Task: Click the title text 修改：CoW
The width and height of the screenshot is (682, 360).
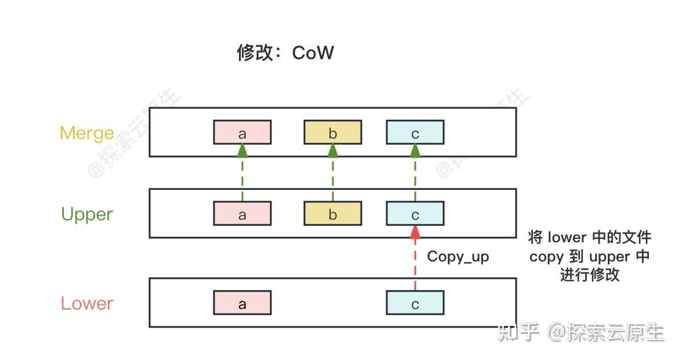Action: pos(285,53)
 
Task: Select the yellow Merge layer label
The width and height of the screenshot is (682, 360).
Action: pos(87,133)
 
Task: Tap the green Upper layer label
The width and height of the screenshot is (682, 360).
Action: pos(87,214)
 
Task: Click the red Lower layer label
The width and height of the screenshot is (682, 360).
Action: pos(87,303)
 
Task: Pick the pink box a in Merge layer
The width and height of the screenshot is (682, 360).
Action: pos(242,133)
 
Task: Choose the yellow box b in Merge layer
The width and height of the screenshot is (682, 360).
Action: pos(333,133)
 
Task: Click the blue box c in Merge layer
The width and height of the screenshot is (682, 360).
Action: pos(415,133)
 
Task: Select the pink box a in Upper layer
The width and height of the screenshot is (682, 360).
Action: pos(242,214)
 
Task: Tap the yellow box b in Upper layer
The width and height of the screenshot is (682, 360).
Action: pos(333,214)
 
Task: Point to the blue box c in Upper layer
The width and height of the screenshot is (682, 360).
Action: pos(415,214)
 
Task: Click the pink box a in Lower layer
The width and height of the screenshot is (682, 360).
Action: pos(242,303)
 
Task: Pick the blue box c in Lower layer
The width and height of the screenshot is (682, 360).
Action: pos(415,303)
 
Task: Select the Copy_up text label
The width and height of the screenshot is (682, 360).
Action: pos(458,256)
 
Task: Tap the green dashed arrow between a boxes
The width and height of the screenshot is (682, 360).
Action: pos(242,174)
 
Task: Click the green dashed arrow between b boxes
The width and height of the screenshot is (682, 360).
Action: pos(333,174)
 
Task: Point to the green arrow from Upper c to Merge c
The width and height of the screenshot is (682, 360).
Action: pos(415,174)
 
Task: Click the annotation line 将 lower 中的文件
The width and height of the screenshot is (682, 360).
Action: pos(589,238)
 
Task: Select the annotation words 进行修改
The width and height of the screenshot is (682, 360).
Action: pos(589,275)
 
